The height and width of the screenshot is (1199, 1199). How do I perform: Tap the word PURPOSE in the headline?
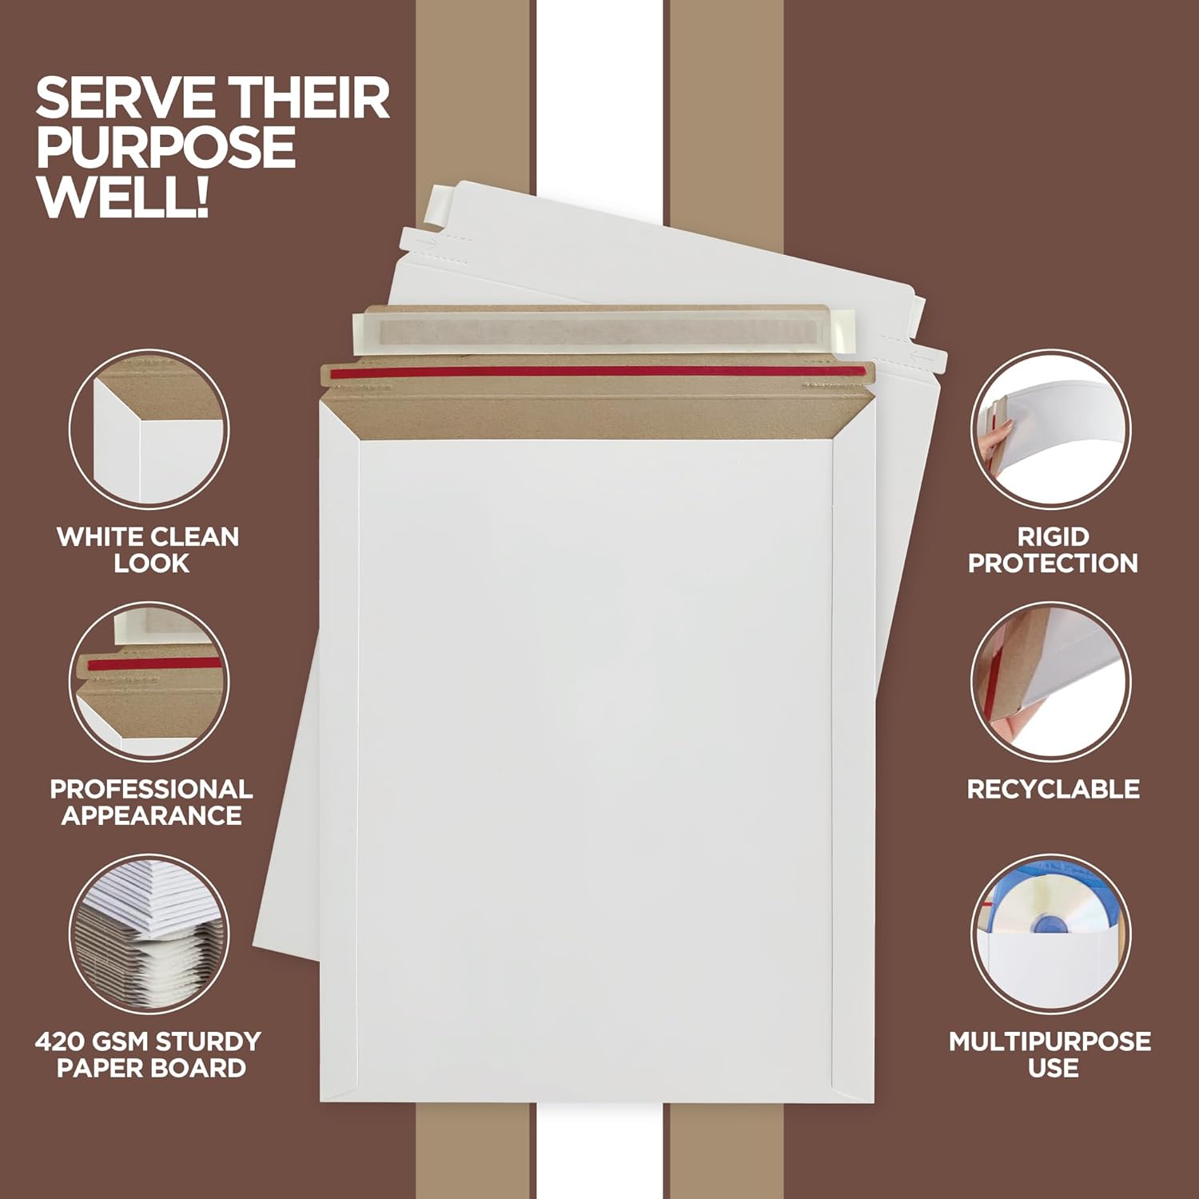pyautogui.click(x=166, y=148)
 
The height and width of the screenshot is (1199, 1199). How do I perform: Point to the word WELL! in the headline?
pyautogui.click(x=123, y=197)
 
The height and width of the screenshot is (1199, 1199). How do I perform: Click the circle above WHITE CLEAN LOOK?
pyautogui.click(x=149, y=428)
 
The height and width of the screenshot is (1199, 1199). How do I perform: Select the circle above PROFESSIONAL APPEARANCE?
pyautogui.click(x=149, y=681)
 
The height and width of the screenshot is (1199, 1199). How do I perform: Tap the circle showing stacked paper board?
pyautogui.click(x=149, y=934)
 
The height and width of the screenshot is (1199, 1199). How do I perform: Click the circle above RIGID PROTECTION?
pyautogui.click(x=1051, y=428)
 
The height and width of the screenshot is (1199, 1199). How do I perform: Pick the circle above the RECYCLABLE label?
pyautogui.click(x=1051, y=681)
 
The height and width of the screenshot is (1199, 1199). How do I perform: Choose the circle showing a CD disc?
pyautogui.click(x=1051, y=934)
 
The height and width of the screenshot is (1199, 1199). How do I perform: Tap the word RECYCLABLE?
pyautogui.click(x=1053, y=789)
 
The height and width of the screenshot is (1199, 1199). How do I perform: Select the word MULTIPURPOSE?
pyautogui.click(x=1050, y=1042)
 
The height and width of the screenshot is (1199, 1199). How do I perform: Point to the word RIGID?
pyautogui.click(x=1053, y=536)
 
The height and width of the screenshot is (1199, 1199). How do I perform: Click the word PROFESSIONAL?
pyautogui.click(x=151, y=789)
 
